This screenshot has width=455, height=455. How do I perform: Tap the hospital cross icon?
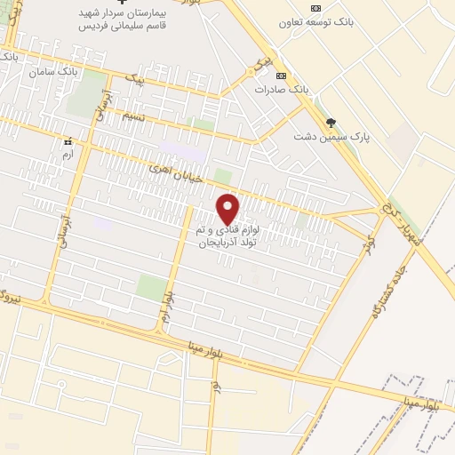tap(123, 6)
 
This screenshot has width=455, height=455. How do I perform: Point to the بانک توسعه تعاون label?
tap(317, 22)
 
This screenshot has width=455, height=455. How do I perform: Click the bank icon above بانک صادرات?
tap(282, 76)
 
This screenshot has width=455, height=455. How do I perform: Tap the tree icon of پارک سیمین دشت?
tap(331, 123)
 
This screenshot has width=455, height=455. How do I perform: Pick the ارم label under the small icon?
tap(67, 155)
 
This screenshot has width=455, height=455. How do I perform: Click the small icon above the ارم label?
tap(67, 140)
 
